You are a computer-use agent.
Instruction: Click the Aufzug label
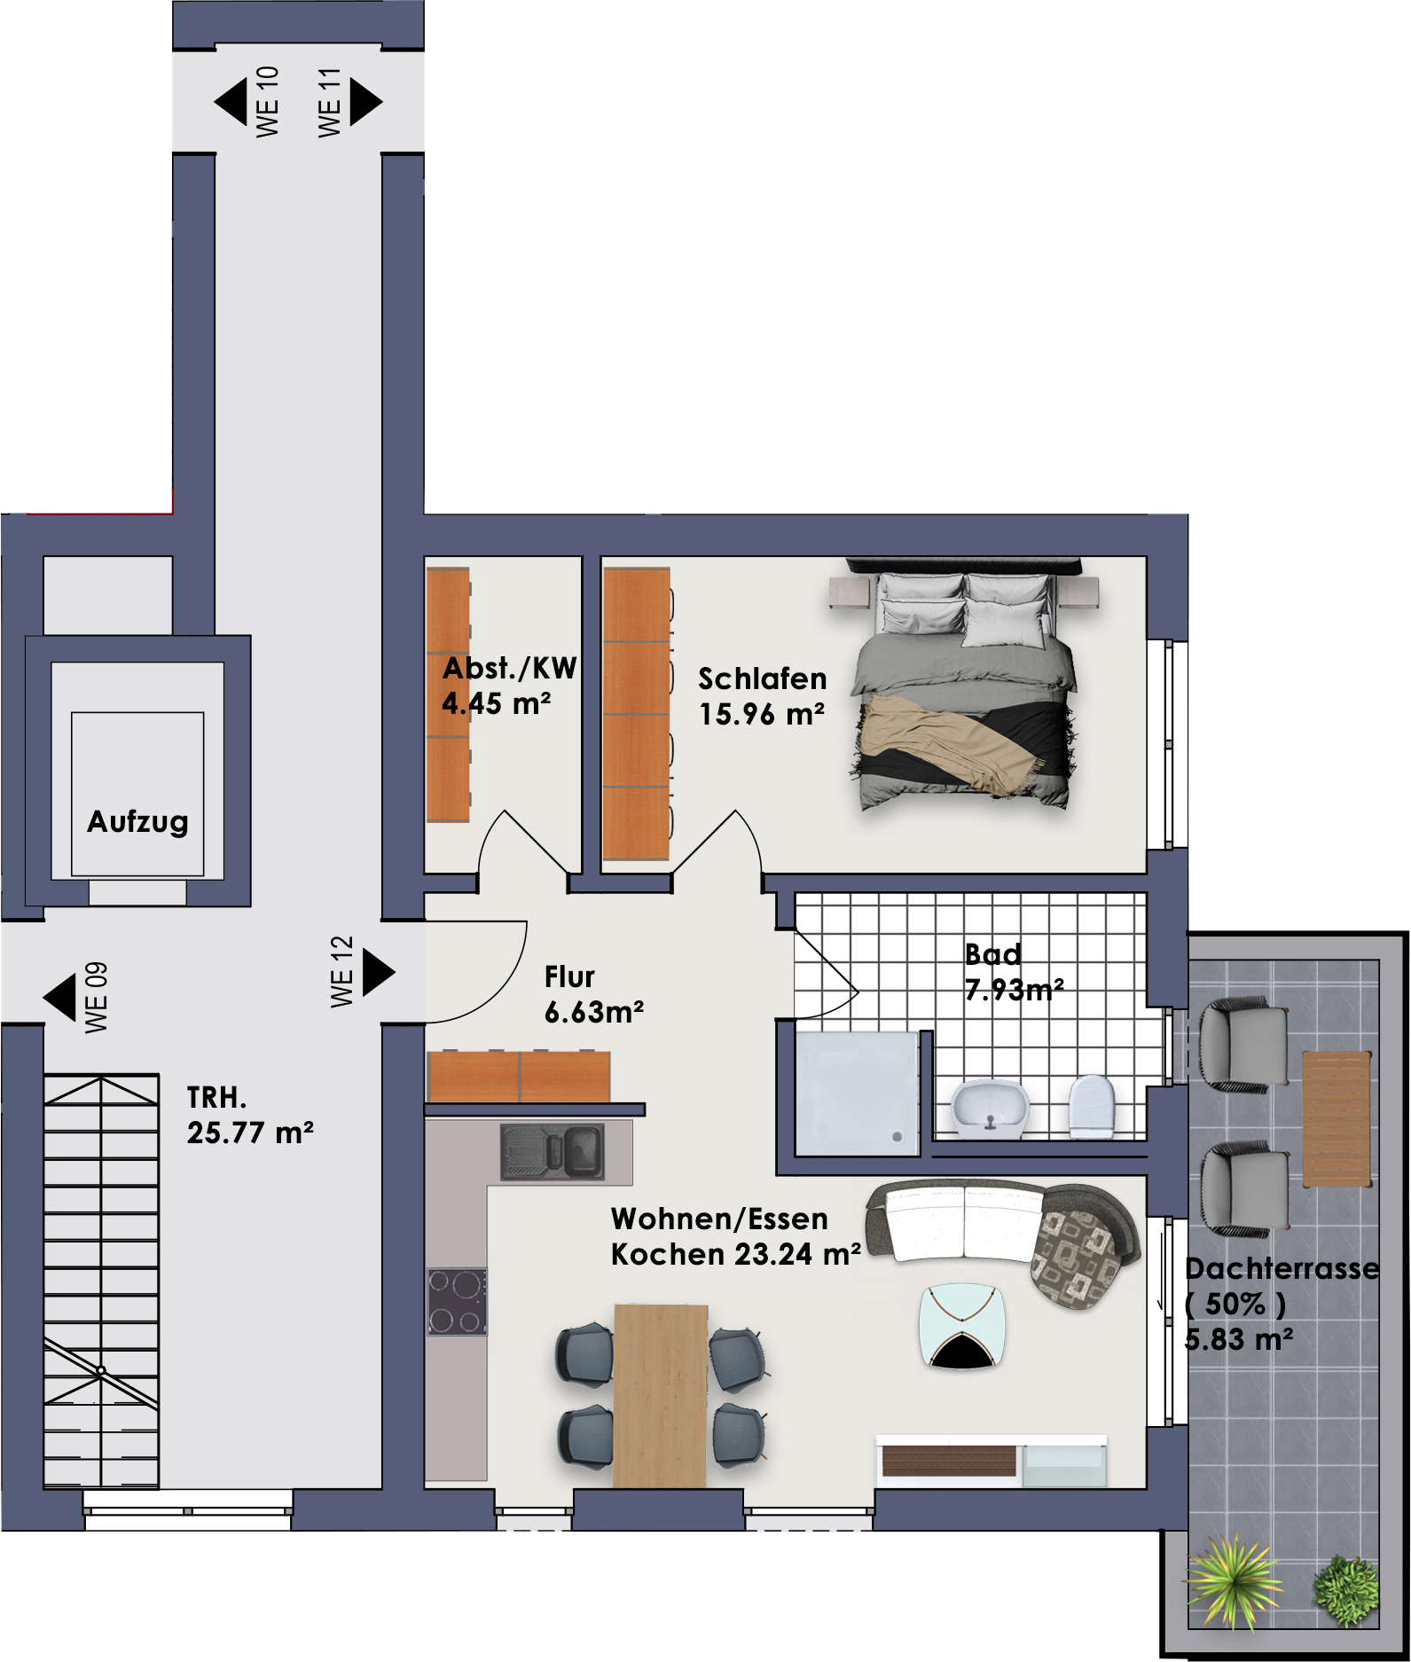click(137, 822)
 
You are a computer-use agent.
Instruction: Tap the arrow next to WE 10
click(231, 102)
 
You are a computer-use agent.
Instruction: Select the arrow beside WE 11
click(366, 102)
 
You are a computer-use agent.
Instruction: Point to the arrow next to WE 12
click(379, 973)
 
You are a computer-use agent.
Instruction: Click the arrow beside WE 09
click(59, 998)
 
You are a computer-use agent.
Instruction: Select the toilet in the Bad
click(1092, 1106)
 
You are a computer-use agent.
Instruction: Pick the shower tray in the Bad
click(857, 1094)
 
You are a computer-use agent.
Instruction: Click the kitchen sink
click(553, 1151)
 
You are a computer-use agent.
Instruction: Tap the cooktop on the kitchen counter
click(458, 1302)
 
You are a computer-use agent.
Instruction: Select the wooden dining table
click(661, 1395)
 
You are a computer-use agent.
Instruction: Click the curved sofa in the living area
click(1002, 1237)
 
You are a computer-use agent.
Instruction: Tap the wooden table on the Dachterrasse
click(1337, 1119)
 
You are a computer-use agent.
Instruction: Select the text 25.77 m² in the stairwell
click(250, 1133)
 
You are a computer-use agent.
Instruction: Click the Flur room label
click(569, 977)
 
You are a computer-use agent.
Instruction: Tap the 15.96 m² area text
click(762, 714)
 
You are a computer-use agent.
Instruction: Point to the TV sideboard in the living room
click(992, 1461)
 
